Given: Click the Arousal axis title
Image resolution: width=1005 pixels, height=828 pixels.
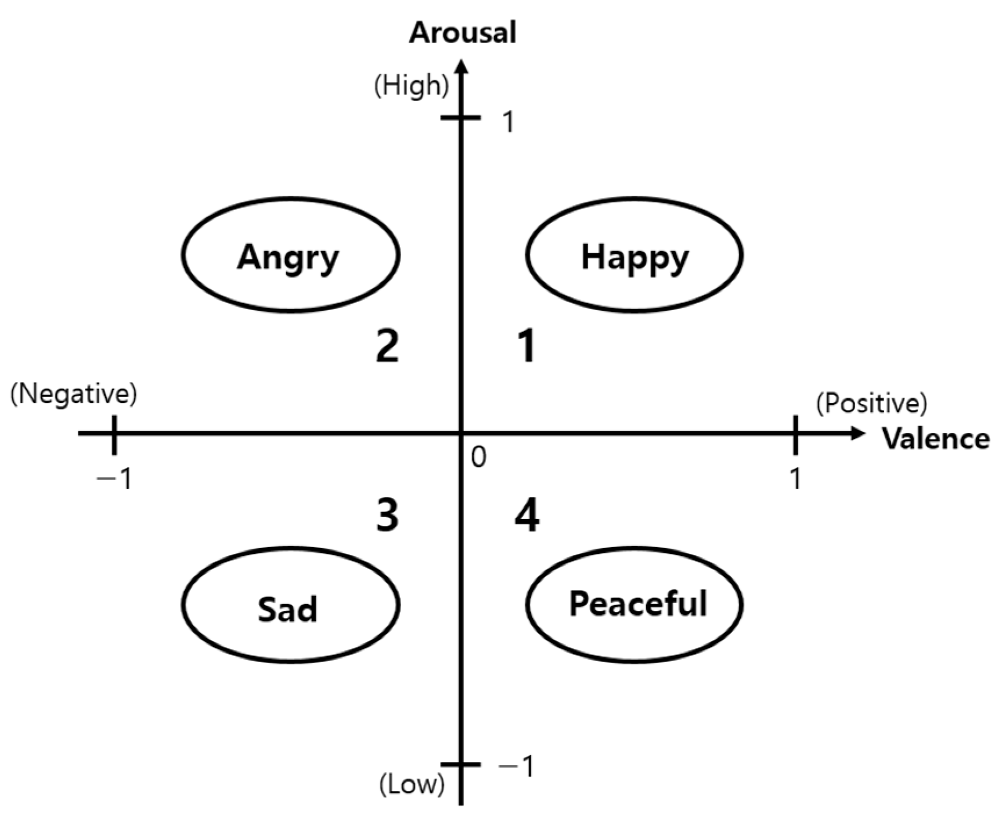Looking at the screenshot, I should point(462,33).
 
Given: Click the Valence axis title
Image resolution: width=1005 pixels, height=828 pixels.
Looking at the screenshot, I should point(935,438).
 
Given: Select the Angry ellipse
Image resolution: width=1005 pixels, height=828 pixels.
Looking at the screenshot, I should point(290,255).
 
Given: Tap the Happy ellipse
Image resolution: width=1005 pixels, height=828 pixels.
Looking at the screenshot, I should point(634,255).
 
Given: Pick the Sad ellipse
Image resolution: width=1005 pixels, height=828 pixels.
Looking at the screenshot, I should point(290,605).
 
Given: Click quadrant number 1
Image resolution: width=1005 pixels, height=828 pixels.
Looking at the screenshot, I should point(527,346).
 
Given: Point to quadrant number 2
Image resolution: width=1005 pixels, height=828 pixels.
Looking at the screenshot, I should point(387,346).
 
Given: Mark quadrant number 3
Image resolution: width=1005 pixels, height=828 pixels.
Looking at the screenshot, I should point(387,515).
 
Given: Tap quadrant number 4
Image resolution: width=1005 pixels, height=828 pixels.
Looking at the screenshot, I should point(527,515).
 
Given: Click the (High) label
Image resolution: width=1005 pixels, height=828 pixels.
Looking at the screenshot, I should point(412,86).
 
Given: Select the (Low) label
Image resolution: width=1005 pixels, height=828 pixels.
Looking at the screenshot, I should point(412,784).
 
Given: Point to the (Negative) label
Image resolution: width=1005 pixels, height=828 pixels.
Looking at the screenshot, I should point(74,394).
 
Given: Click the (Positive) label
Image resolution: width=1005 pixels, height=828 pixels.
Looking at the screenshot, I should point(871,404).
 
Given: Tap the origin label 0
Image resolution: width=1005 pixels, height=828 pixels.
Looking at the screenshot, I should point(478,458).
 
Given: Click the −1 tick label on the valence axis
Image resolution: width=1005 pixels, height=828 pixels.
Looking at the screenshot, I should point(115,480).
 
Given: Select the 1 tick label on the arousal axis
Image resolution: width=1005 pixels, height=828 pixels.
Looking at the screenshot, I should point(508,122).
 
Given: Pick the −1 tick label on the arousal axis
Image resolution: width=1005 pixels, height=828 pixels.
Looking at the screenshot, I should point(517,766).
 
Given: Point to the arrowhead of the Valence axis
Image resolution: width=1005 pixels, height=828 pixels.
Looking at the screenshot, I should point(858,433).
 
